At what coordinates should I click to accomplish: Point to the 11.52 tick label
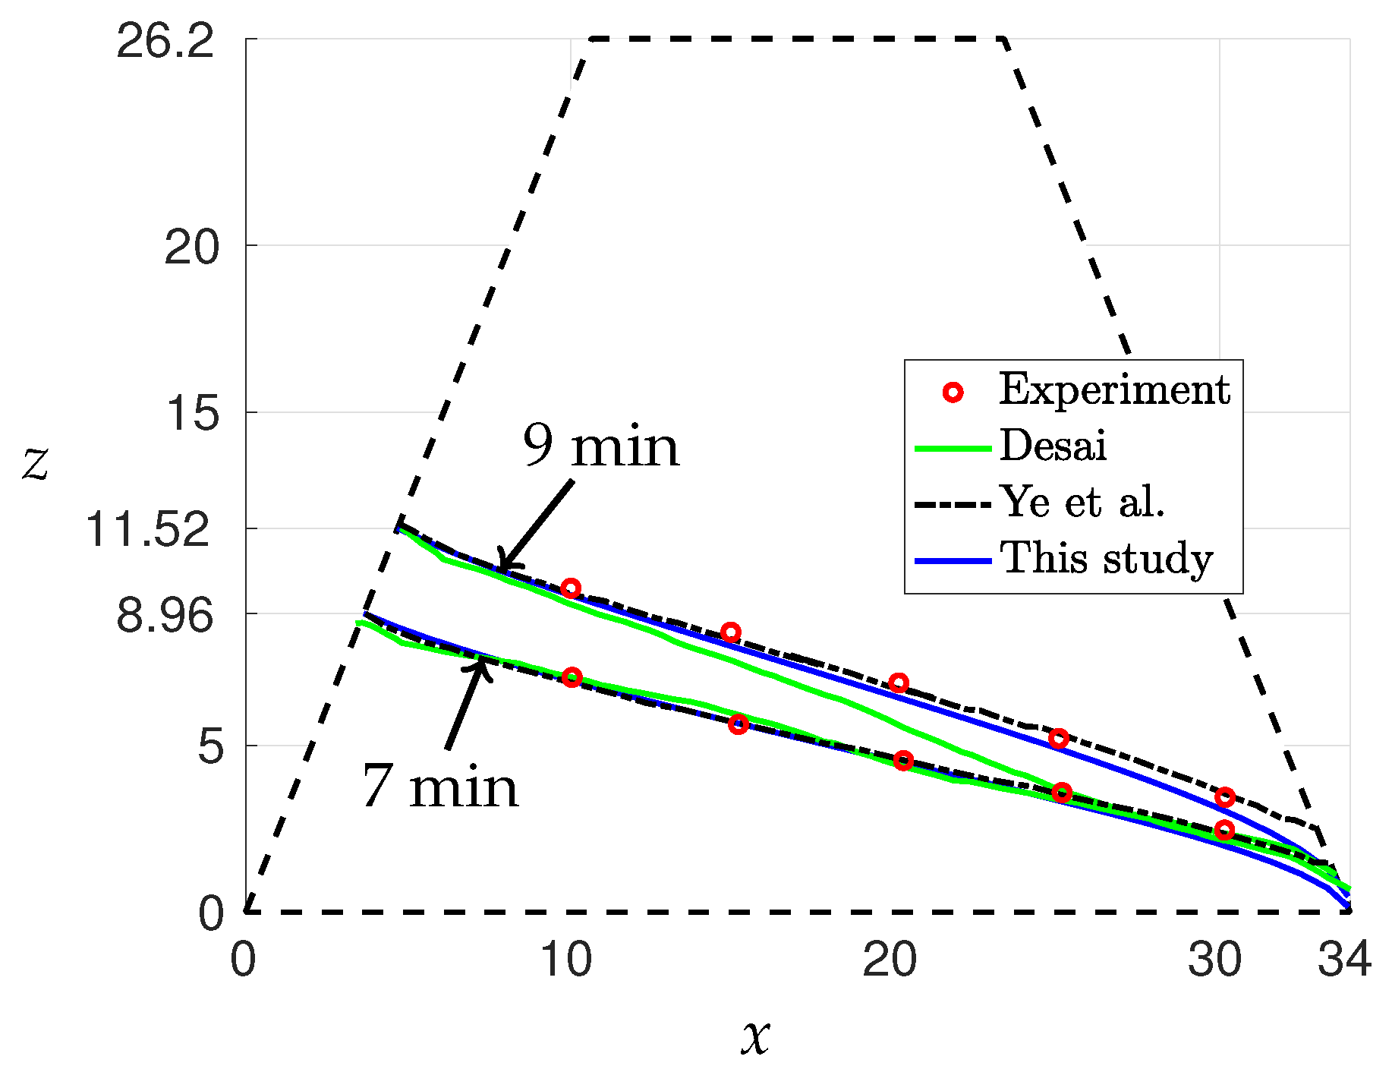pyautogui.click(x=147, y=528)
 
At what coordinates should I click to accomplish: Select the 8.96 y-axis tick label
pyautogui.click(x=165, y=614)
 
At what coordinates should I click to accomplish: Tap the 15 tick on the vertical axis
pyautogui.click(x=191, y=414)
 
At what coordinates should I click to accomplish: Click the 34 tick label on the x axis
pyautogui.click(x=1344, y=960)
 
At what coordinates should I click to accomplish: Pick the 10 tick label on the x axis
pyautogui.click(x=565, y=960)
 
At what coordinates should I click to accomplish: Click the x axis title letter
pyautogui.click(x=755, y=1036)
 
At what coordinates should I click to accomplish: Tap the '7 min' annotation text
pyautogui.click(x=440, y=787)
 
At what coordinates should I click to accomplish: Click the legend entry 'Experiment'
pyautogui.click(x=1113, y=390)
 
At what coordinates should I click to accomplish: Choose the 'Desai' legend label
pyautogui.click(x=1053, y=446)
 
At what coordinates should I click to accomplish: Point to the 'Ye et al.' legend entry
pyautogui.click(x=1082, y=502)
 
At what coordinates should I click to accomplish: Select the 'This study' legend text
pyautogui.click(x=1107, y=559)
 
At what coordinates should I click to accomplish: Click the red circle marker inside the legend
pyautogui.click(x=953, y=392)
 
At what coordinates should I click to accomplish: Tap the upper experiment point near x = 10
pyautogui.click(x=571, y=588)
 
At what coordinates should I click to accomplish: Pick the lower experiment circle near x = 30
pyautogui.click(x=1224, y=830)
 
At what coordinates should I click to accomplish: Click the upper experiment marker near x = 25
pyautogui.click(x=1059, y=739)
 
